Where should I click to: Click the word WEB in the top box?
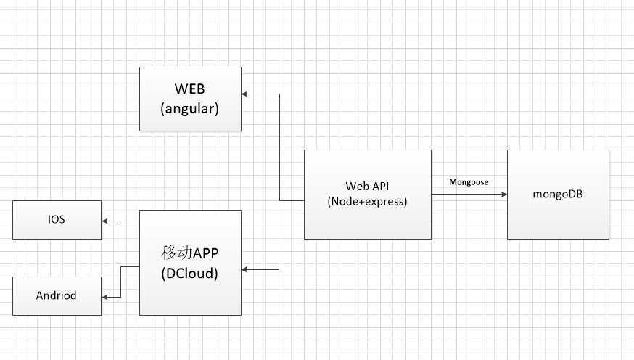[190, 89]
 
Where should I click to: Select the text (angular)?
[190, 108]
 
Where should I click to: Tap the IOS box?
[57, 219]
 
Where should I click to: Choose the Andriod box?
[57, 296]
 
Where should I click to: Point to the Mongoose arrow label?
[469, 181]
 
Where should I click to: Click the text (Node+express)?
[367, 202]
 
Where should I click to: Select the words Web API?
[367, 186]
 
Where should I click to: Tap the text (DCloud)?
[190, 275]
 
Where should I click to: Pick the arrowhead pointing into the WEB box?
[246, 94]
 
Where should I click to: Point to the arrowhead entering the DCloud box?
[246, 269]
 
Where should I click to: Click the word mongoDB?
[558, 195]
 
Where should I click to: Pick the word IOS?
[57, 219]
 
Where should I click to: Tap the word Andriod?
[57, 296]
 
